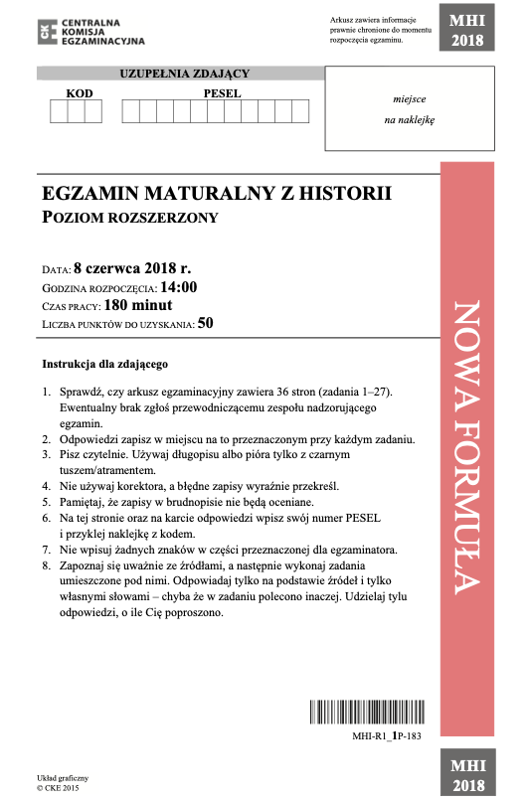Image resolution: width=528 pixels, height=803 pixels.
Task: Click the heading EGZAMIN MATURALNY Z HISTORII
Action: coord(218,193)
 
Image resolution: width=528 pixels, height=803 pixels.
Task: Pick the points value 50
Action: coord(206,323)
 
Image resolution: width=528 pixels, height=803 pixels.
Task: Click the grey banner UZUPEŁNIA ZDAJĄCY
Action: coord(184,74)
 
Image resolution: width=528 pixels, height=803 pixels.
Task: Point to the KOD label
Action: coord(78,91)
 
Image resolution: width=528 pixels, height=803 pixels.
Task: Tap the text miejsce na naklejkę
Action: coord(410,109)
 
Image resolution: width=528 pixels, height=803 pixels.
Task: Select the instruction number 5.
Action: coord(46,503)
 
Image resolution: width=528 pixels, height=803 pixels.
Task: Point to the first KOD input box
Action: coord(58,110)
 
